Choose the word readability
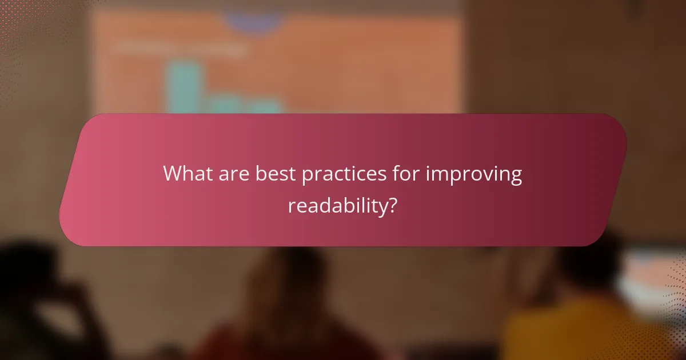[x=337, y=206]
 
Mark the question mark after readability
[x=392, y=205]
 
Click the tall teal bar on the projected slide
[x=182, y=86]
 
